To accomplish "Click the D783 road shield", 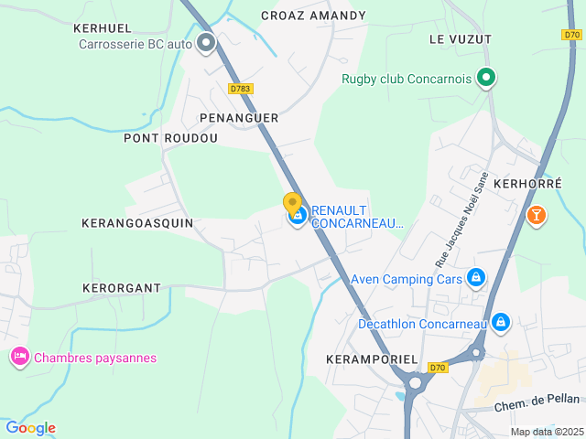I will tap(241, 89).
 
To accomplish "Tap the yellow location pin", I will tap(292, 204).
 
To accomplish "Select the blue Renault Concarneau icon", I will tap(298, 217).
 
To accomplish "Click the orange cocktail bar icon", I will tap(536, 215).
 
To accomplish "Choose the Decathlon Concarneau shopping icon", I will tap(501, 322).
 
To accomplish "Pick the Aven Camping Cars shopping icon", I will tap(475, 277).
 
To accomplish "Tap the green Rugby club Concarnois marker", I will tap(487, 79).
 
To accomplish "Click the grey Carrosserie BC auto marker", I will tap(206, 42).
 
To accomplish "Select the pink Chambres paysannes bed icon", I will tap(19, 357).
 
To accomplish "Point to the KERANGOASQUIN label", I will tap(137, 223).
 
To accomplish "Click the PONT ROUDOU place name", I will tap(171, 138).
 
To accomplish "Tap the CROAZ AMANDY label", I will tap(313, 16).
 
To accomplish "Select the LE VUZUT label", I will tap(460, 39).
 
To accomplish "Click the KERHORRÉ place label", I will tap(527, 183).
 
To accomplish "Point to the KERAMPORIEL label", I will tap(372, 359).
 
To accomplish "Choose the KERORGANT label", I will tap(122, 288).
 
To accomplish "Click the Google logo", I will tap(30, 428).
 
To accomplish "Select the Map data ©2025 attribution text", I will tap(546, 432).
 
